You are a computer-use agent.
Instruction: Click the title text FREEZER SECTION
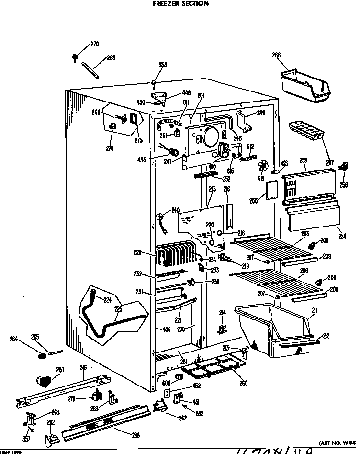[180, 4]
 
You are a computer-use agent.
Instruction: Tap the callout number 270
[94, 45]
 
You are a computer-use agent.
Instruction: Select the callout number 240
[175, 210]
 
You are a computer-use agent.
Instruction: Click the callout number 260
[243, 383]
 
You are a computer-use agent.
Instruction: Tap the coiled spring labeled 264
[42, 355]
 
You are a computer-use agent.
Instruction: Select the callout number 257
[60, 369]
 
